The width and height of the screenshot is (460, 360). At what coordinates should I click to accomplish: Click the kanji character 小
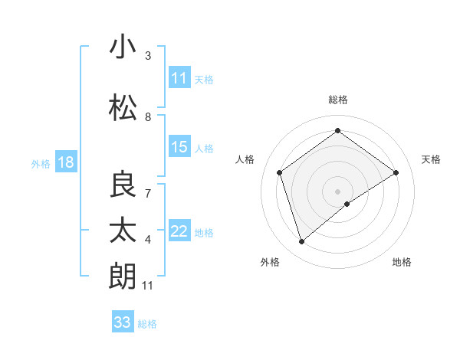123,47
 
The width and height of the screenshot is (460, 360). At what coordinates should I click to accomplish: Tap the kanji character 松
123,108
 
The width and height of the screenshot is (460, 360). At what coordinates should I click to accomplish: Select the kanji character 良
123,185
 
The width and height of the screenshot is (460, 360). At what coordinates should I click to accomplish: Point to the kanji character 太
123,230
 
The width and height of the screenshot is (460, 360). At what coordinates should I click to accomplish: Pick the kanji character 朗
123,276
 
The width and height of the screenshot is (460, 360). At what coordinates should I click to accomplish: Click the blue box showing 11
179,78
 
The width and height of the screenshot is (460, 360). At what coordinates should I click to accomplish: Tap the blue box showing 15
179,147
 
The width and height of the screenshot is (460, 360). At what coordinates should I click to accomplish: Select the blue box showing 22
179,231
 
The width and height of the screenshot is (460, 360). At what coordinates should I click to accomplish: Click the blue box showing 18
65,162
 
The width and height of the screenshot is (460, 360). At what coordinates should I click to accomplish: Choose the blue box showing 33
123,322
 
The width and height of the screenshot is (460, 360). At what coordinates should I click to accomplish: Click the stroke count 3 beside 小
148,56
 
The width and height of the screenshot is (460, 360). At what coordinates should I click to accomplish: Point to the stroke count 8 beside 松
148,117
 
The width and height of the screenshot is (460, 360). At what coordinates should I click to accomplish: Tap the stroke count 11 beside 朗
148,286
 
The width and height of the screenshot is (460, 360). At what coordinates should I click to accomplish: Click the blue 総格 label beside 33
147,324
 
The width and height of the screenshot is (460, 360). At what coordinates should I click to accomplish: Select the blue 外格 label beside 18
41,163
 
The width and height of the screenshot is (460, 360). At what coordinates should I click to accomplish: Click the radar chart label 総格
337,100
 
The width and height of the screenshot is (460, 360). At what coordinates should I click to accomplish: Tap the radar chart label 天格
431,159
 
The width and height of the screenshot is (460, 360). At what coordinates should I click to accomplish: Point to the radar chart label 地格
402,262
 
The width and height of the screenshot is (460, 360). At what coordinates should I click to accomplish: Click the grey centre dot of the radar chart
337,191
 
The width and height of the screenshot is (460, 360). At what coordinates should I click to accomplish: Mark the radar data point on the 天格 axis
396,172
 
